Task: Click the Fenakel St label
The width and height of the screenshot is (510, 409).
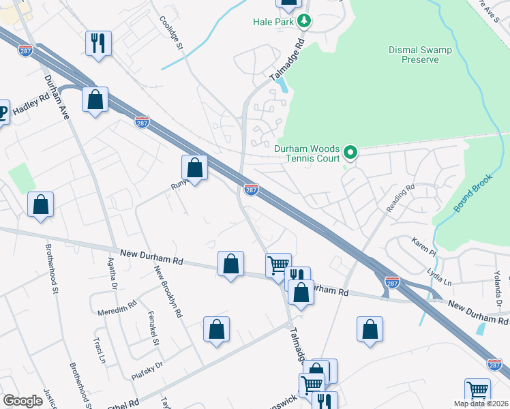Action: pos(153,329)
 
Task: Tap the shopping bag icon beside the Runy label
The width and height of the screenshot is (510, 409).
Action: pos(194,166)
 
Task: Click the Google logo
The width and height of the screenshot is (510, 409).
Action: pos(22,401)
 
